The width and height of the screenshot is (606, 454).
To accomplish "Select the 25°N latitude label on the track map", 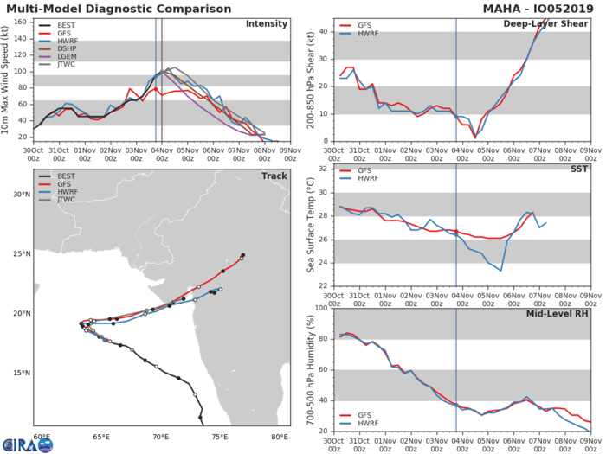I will pos(22,254).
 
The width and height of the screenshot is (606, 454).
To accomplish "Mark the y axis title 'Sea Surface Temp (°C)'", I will pos(310,227).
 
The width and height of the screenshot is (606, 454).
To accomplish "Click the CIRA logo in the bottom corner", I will pos(26,444).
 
